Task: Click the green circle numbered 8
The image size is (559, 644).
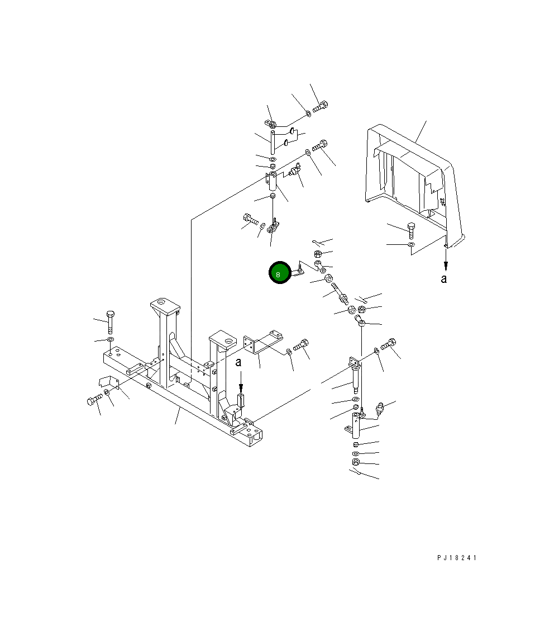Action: tap(279, 272)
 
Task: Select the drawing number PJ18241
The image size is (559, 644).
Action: tap(456, 558)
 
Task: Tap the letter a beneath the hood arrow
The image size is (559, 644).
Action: tap(443, 279)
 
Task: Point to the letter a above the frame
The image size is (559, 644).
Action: tap(238, 363)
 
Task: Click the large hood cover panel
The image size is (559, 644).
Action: tap(414, 186)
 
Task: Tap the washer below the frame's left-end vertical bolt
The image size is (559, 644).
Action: tap(110, 339)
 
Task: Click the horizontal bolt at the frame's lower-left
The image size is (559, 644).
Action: tap(95, 399)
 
